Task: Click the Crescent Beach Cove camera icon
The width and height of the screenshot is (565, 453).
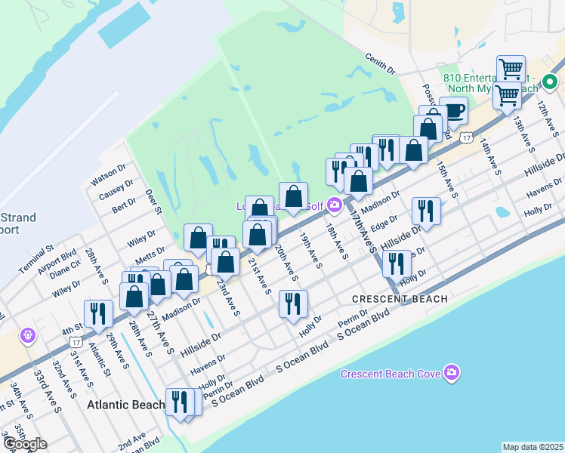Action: click(x=452, y=372)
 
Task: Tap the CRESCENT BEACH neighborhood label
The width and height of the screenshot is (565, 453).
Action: click(x=400, y=299)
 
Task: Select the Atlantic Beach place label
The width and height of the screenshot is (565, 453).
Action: click(x=125, y=405)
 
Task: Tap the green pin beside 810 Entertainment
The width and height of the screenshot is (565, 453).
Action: click(x=550, y=82)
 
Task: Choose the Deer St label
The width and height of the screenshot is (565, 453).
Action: click(x=153, y=202)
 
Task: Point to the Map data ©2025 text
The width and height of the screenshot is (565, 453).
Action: click(x=533, y=447)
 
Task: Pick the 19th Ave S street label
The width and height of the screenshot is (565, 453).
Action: click(x=310, y=250)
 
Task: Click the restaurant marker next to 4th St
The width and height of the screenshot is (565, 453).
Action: click(x=98, y=314)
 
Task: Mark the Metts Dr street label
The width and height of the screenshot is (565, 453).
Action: click(x=150, y=251)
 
